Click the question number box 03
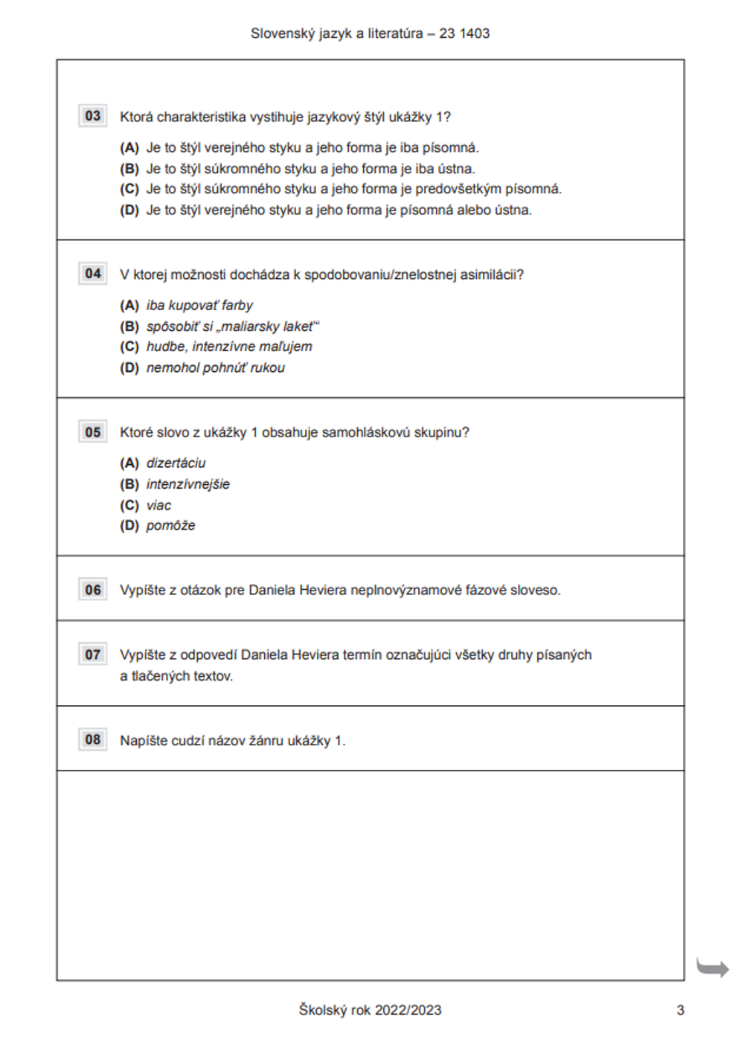93,116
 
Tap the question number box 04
93,274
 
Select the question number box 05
93,432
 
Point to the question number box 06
93,590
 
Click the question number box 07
93,655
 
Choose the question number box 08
93,739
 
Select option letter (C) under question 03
129,189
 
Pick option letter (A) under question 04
129,305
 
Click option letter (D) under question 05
129,525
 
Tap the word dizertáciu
176,463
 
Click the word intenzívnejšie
187,484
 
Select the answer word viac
158,505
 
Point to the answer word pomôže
170,525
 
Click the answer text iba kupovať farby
199,305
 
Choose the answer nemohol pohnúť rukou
215,367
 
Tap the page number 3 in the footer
680,1010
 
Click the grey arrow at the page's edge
713,968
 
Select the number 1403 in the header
475,33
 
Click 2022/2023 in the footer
408,1010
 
